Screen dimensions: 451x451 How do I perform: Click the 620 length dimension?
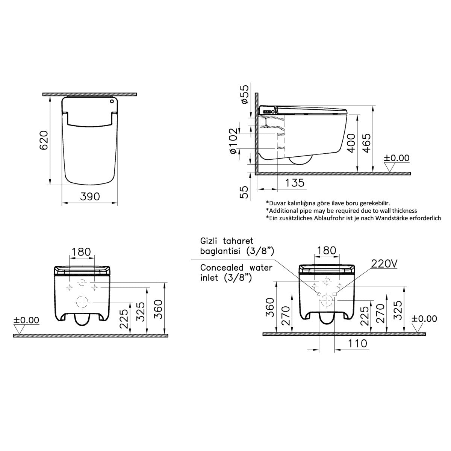coord(44,140)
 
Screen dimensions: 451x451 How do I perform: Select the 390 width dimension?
coord(90,197)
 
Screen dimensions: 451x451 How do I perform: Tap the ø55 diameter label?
coord(244,94)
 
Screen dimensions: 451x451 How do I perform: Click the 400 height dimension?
coord(351,143)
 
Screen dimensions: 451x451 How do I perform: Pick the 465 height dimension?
coord(367,143)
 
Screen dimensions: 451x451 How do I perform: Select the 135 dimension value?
coord(295,183)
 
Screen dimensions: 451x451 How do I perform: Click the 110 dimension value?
coord(357,344)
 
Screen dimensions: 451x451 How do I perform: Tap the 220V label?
coord(384,264)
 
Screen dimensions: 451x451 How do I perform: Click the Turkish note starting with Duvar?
coord(328,203)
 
